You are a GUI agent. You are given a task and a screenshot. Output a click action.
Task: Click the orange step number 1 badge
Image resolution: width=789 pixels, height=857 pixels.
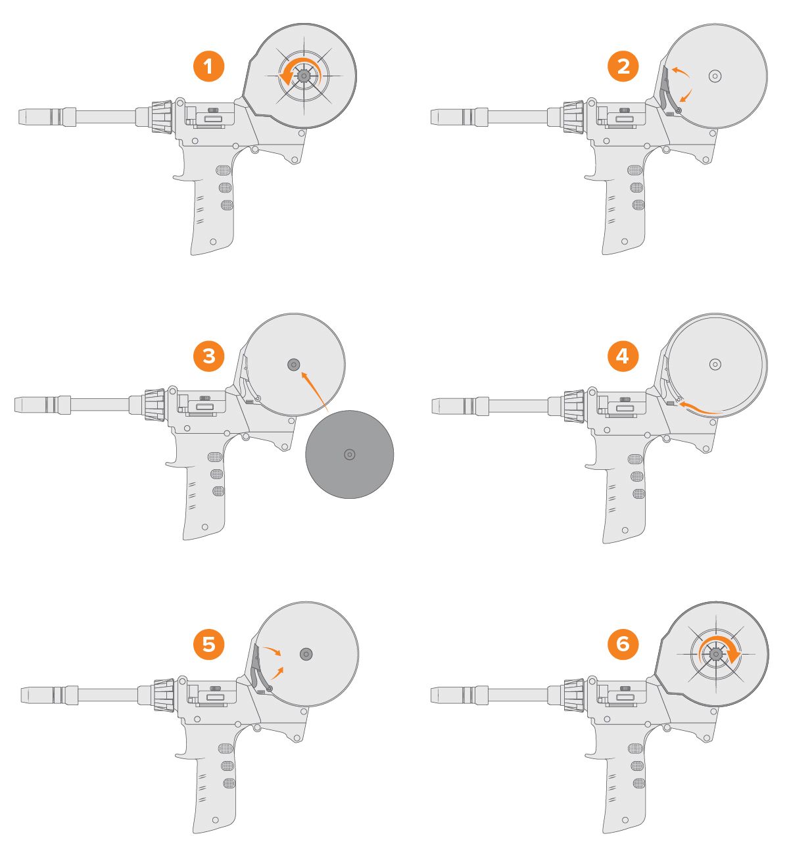[208, 67]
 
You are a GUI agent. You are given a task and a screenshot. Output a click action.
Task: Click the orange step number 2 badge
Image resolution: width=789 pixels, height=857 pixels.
[623, 67]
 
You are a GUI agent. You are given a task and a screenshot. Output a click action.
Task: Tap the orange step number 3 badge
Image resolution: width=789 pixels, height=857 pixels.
[208, 356]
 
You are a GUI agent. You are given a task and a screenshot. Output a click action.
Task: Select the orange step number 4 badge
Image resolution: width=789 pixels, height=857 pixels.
[623, 356]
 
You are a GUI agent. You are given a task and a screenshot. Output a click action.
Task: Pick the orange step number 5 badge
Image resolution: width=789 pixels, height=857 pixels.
[208, 645]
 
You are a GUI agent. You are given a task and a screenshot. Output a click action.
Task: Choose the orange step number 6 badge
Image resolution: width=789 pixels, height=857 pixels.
[623, 645]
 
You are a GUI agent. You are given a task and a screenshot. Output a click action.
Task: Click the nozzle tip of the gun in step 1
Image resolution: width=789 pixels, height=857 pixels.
[26, 117]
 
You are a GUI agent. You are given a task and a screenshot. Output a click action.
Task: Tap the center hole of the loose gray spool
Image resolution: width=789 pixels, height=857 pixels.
[350, 454]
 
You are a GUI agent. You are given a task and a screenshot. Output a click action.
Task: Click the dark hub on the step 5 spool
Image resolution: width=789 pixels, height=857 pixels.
[306, 654]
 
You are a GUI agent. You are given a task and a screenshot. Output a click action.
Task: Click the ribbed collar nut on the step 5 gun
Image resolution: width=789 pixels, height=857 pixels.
[164, 694]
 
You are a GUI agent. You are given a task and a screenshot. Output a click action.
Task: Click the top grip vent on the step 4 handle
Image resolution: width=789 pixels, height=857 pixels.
[635, 459]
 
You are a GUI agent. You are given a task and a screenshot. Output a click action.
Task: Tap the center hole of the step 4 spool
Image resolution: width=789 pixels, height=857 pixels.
[715, 364]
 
